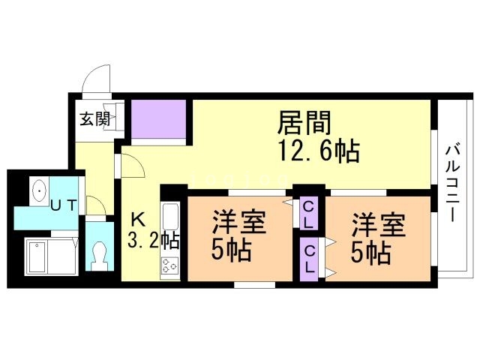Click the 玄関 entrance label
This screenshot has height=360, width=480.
pyautogui.click(x=95, y=118)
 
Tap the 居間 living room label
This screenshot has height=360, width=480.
pyautogui.click(x=305, y=121)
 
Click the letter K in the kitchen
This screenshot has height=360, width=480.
pyautogui.click(x=139, y=219)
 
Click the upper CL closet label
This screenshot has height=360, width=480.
pyautogui.click(x=307, y=212)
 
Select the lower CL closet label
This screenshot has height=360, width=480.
pyautogui.click(x=307, y=259)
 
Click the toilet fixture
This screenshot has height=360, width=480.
pyautogui.click(x=98, y=254)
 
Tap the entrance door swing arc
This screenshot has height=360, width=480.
pyautogui.click(x=95, y=81)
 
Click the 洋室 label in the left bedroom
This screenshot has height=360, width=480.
pyautogui.click(x=235, y=223)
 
